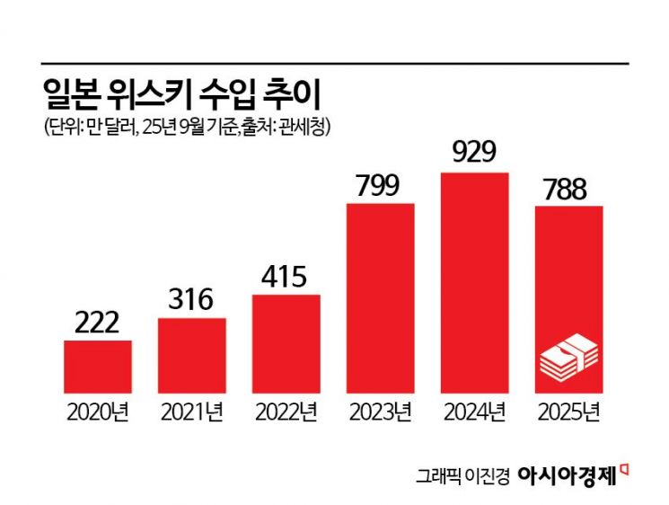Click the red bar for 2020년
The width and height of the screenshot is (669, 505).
tap(98, 366)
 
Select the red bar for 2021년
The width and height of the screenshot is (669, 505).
tap(192, 355)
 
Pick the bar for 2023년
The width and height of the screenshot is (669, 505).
tap(381, 297)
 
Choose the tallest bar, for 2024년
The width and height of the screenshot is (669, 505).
tap(475, 281)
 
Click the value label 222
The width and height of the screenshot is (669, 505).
tap(98, 323)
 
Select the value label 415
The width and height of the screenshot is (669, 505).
tap(286, 276)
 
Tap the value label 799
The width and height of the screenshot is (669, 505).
tap(381, 185)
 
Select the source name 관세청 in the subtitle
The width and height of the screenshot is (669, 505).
tap(307, 127)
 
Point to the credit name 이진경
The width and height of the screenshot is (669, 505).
tap(486, 475)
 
